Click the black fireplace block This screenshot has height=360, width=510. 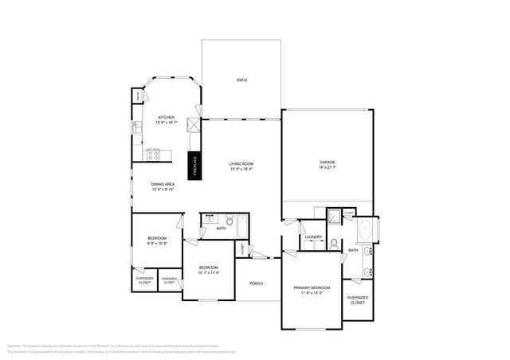[x=193, y=164]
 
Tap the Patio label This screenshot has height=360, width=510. [x=241, y=80]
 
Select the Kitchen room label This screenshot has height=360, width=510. [x=166, y=117]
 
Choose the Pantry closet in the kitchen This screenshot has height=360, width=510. [x=137, y=96]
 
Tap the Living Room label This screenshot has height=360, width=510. [x=241, y=163]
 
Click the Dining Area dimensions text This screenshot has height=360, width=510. [x=163, y=190]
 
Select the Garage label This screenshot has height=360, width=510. [x=327, y=162]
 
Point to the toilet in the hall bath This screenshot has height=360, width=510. [x=229, y=220]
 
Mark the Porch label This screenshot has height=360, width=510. [x=256, y=284]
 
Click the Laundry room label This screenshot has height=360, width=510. [x=312, y=237]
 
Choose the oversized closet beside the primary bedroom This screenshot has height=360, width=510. [x=357, y=299]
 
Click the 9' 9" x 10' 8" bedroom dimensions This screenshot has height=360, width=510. [x=156, y=244]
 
